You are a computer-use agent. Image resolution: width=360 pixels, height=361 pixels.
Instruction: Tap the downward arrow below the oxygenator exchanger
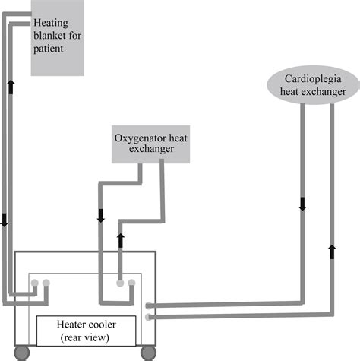pyautogui.click(x=101, y=215)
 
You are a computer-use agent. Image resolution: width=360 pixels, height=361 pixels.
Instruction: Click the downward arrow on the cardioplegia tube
pyautogui.click(x=302, y=203)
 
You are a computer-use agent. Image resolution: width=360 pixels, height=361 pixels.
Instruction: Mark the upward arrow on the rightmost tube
pyautogui.click(x=331, y=250)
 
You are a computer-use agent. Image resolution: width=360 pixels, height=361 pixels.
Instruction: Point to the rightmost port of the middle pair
pyautogui.click(x=132, y=283)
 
